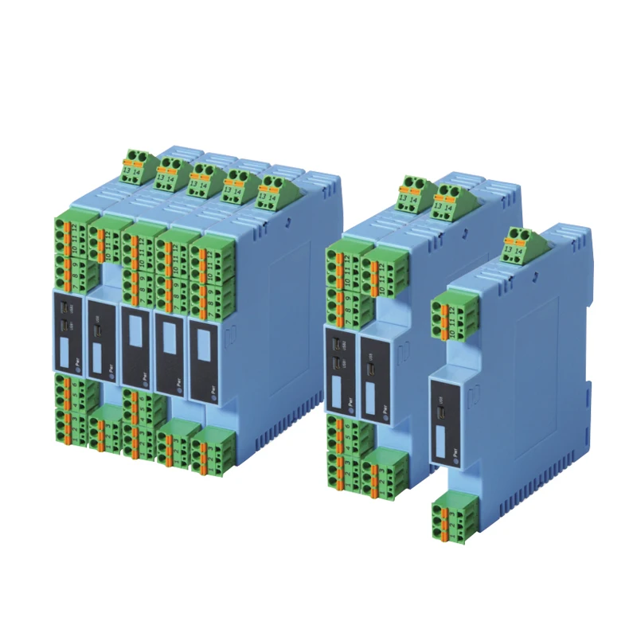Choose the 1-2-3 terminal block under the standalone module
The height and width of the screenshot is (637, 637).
(451, 518)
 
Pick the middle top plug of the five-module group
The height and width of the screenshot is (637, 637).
(204, 176)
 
